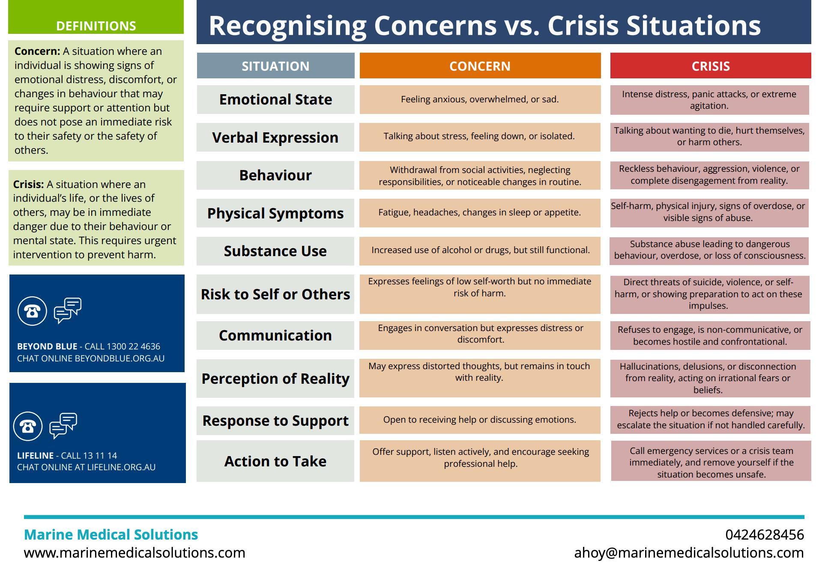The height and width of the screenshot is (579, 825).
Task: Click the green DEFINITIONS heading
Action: click(96, 26)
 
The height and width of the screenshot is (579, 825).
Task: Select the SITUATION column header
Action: click(275, 66)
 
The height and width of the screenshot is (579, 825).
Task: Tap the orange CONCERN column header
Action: click(480, 66)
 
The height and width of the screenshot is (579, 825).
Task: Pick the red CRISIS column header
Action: click(710, 66)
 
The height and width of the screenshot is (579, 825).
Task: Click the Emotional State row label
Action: click(275, 99)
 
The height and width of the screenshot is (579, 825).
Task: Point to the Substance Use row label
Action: click(275, 251)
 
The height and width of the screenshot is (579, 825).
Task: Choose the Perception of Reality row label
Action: click(275, 379)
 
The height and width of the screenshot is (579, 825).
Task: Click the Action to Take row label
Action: click(275, 461)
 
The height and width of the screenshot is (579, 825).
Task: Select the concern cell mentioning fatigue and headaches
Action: click(480, 212)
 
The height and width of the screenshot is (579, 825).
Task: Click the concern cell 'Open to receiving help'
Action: click(480, 420)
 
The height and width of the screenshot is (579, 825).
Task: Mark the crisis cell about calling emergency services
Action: click(711, 462)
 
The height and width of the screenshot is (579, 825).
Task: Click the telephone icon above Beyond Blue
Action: click(32, 311)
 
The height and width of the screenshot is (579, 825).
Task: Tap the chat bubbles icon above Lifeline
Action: click(63, 425)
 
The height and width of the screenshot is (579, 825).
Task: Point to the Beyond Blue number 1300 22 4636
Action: click(133, 346)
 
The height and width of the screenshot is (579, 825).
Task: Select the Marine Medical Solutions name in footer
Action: click(111, 534)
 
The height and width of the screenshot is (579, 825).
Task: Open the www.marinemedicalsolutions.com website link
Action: click(135, 553)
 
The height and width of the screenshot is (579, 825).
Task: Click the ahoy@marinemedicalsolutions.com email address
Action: click(689, 553)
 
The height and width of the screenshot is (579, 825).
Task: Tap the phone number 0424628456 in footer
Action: click(765, 534)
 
